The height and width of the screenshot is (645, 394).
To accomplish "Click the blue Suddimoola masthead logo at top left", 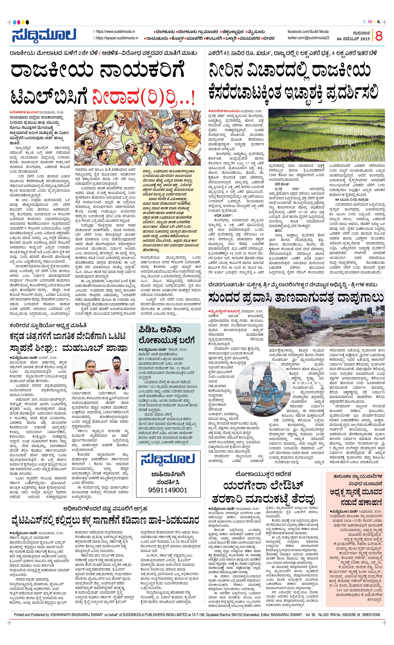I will (44, 35).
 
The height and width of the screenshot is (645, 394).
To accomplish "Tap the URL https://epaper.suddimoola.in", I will (117, 38).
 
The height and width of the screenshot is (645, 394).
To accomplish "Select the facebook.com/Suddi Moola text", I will (308, 31).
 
